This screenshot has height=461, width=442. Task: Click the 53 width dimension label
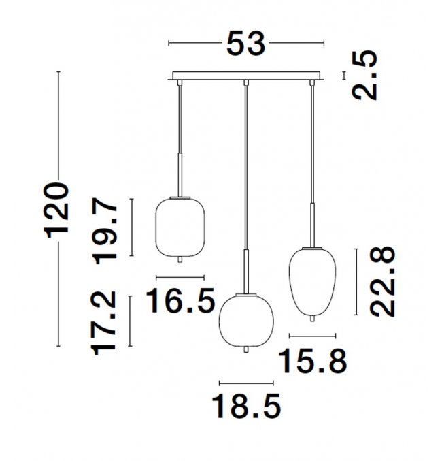pos(245,44)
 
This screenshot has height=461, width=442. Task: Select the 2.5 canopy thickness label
pos(364,76)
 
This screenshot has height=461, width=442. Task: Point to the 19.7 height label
pos(105,231)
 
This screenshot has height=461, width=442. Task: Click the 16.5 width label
pos(180,301)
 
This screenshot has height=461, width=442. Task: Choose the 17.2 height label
pos(103,323)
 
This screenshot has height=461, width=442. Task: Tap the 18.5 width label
pos(246,406)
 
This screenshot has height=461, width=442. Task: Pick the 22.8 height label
pos(382,281)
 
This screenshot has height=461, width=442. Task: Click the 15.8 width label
pos(313,361)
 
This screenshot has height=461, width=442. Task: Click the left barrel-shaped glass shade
pos(180,226)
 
